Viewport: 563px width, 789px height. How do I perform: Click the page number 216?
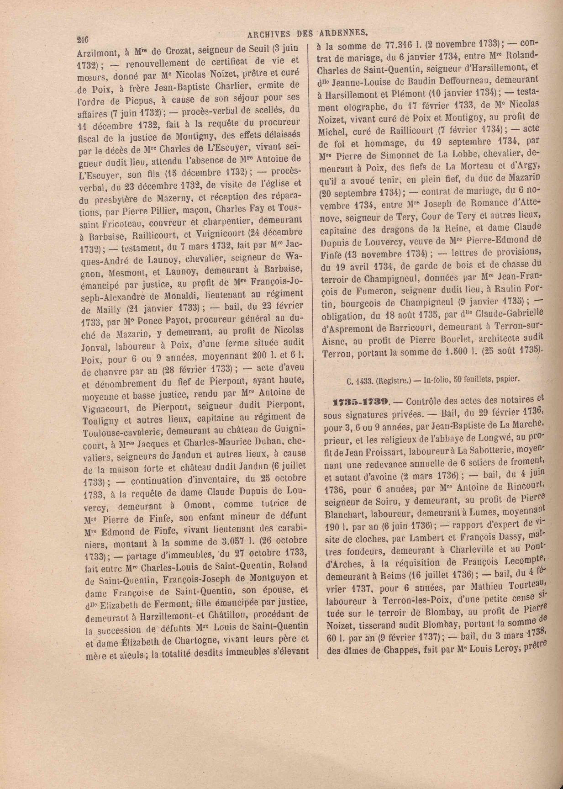tap(83, 40)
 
